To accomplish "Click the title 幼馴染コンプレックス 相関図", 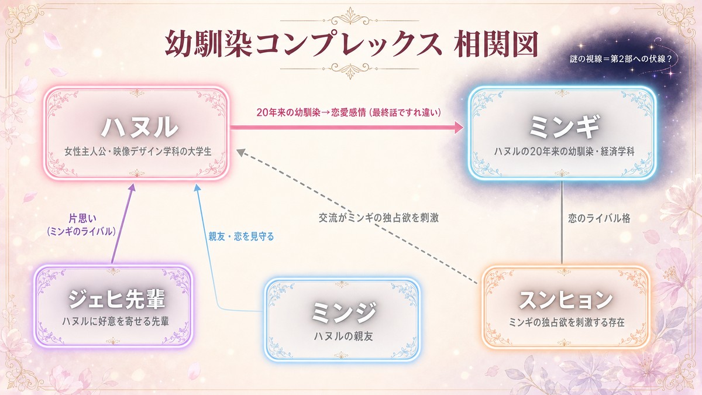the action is pyautogui.click(x=352, y=44).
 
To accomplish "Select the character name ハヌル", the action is pyautogui.click(x=139, y=128).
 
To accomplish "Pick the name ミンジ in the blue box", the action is pyautogui.click(x=343, y=312).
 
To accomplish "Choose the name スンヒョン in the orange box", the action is pyautogui.click(x=566, y=300).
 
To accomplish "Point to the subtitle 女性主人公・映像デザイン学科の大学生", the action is pyautogui.click(x=138, y=152).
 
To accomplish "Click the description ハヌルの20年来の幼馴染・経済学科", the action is pyautogui.click(x=564, y=152).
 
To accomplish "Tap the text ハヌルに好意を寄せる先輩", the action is pyautogui.click(x=116, y=321).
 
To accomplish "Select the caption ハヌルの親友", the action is pyautogui.click(x=343, y=336).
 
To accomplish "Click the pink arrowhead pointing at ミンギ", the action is pyautogui.click(x=459, y=128).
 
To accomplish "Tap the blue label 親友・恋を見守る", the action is pyautogui.click(x=241, y=236).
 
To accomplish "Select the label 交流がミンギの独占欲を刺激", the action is pyautogui.click(x=378, y=218).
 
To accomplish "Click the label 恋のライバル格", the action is pyautogui.click(x=599, y=218).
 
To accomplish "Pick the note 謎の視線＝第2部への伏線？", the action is pyautogui.click(x=621, y=59).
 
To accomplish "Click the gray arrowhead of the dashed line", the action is pyautogui.click(x=240, y=152).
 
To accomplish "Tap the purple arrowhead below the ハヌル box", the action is pyautogui.click(x=132, y=187).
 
